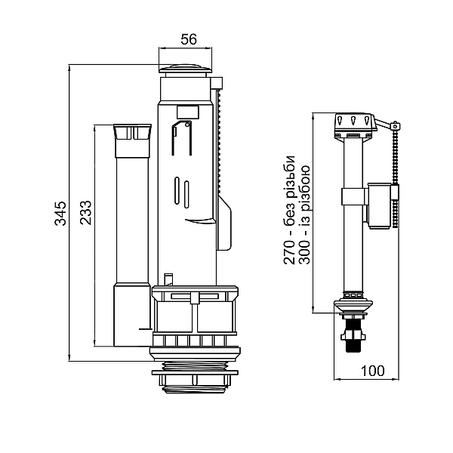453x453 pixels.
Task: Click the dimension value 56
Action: coord(189,39)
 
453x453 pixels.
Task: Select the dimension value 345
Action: coord(60,213)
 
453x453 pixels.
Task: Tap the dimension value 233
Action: coord(85,213)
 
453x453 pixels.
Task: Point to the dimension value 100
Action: coord(373,371)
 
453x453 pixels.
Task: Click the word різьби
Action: coord(289,176)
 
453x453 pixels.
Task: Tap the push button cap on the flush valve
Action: coord(185,69)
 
